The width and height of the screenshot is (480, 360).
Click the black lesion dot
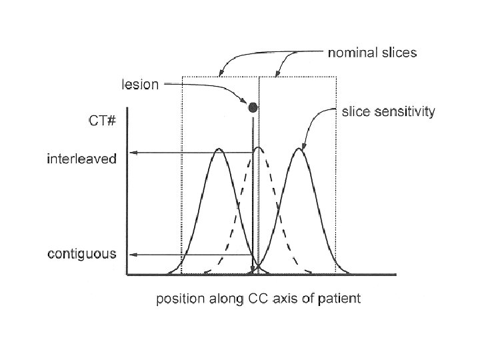pos(253,107)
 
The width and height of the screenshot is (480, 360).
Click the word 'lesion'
pos(140,85)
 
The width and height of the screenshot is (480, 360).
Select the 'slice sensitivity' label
pos(388,112)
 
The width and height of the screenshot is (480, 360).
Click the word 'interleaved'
pos(82,159)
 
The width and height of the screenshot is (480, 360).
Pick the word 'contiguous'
pos(82,254)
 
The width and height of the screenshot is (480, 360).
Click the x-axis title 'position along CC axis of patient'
pos(258,299)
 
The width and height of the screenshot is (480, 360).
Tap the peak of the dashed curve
pos(258,148)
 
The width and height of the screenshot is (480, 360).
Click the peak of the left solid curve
pos(218,149)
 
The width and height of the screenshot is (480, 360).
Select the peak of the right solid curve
pos(300,149)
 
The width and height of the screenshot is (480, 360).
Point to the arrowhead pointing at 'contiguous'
pos(132,255)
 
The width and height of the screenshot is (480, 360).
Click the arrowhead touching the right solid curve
pos(305,145)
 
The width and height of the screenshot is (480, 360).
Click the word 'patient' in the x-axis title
pos(341,299)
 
